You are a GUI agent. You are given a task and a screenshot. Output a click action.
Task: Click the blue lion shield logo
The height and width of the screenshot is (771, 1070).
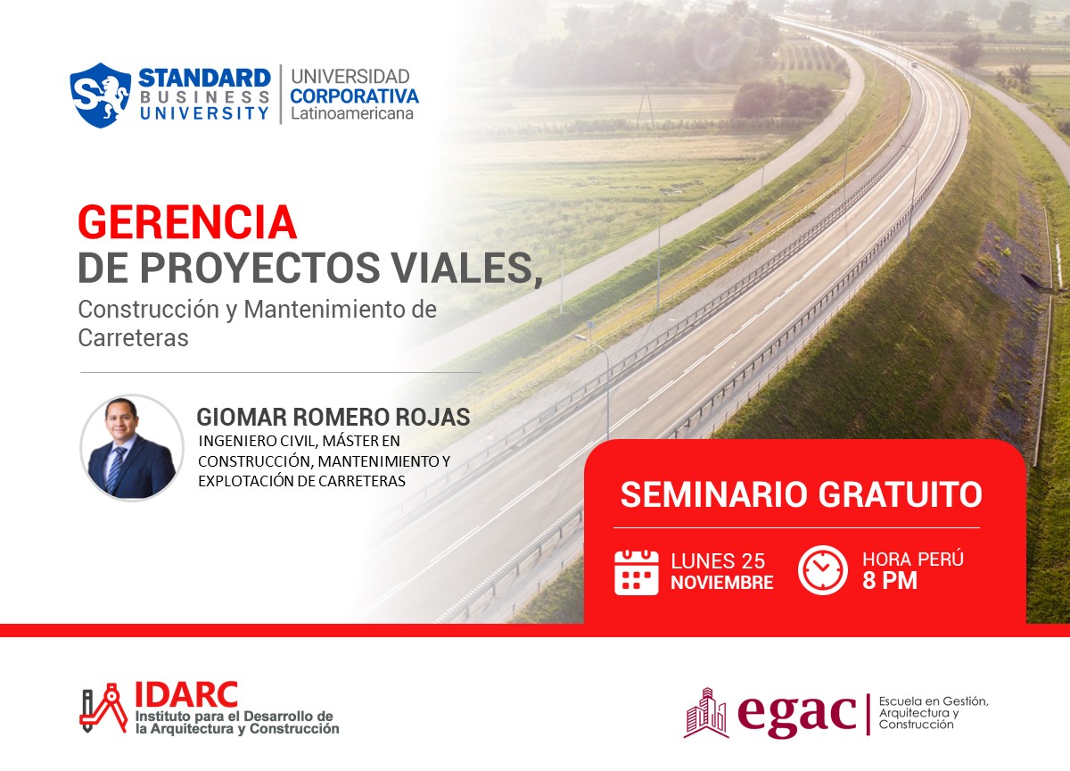101,95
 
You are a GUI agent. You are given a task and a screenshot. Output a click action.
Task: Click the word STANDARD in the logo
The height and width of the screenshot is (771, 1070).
204,78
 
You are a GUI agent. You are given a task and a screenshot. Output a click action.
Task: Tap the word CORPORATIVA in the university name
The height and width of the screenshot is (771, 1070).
354,95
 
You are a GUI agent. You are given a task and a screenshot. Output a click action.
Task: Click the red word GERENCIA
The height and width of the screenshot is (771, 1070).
186,222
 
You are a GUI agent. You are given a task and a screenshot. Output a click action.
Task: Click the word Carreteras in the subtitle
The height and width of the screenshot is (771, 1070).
133,338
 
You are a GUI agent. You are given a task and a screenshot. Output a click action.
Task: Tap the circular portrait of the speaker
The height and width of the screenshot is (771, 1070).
132,447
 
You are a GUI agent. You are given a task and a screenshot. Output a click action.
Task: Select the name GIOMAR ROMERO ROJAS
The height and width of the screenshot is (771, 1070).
333,418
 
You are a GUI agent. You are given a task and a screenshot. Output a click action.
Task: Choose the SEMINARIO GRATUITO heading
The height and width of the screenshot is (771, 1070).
801,494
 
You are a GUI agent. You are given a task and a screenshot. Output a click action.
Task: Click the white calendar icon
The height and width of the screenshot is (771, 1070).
637,572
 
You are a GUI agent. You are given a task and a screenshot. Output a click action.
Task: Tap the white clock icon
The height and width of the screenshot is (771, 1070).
822,570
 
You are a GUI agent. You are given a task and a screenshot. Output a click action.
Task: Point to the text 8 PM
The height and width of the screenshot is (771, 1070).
889,582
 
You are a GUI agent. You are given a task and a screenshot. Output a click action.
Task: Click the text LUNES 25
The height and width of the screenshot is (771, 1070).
718,561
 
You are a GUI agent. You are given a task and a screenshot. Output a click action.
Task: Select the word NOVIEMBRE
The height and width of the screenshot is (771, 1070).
721,584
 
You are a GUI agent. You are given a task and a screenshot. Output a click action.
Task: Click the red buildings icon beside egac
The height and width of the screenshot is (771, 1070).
705,712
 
